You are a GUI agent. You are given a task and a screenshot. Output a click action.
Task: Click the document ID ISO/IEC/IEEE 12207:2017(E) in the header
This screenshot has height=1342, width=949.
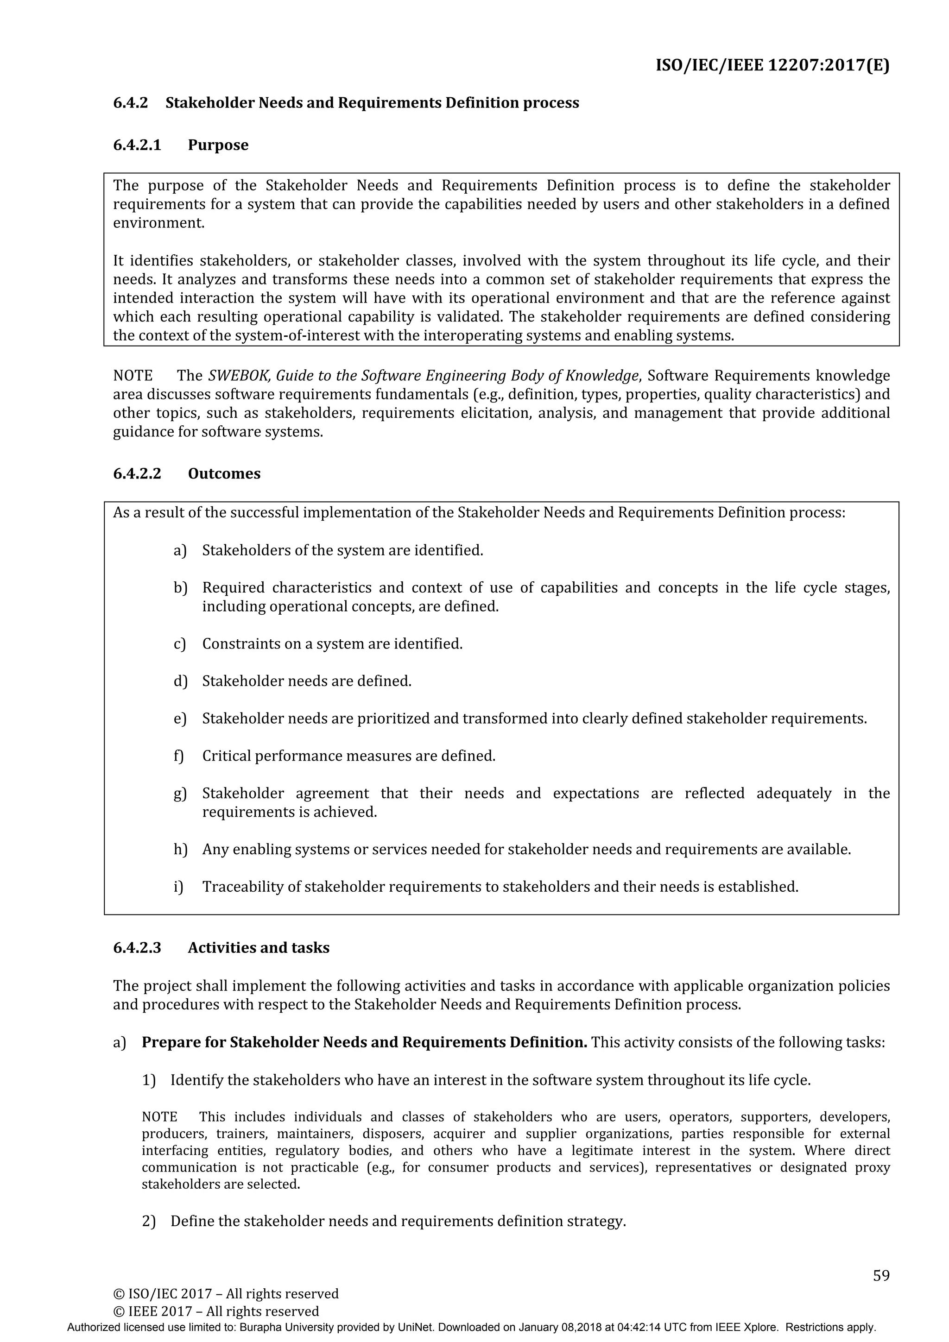click(x=772, y=65)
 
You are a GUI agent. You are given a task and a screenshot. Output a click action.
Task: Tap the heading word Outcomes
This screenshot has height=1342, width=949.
click(x=224, y=473)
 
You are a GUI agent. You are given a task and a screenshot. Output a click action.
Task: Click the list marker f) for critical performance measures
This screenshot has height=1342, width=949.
click(x=178, y=756)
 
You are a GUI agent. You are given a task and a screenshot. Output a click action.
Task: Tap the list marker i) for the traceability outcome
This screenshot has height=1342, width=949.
click(x=178, y=887)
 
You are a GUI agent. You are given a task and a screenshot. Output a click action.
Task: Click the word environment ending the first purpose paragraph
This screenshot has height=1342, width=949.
click(x=158, y=223)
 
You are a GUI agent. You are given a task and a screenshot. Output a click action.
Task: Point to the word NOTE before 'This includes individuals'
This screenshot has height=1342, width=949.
click(x=159, y=1117)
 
